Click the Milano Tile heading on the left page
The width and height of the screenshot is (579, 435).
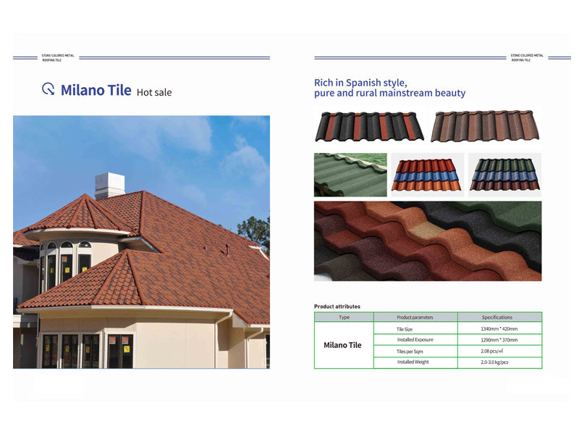(96, 90)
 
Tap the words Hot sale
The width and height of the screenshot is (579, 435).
(154, 92)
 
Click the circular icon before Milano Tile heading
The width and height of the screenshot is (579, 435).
(48, 89)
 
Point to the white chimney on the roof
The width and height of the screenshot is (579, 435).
(109, 186)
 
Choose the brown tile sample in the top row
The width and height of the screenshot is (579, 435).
(486, 127)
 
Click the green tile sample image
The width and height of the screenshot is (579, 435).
(350, 175)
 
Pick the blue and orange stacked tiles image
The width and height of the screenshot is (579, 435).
(427, 175)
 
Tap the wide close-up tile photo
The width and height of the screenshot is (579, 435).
(427, 241)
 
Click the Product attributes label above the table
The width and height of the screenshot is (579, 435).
(337, 307)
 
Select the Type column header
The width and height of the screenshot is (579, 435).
(344, 318)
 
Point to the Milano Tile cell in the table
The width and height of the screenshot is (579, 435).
(342, 345)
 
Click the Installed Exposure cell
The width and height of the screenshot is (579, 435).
(415, 339)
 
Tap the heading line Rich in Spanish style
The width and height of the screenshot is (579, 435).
(360, 83)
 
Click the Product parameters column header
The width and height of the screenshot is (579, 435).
(415, 318)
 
